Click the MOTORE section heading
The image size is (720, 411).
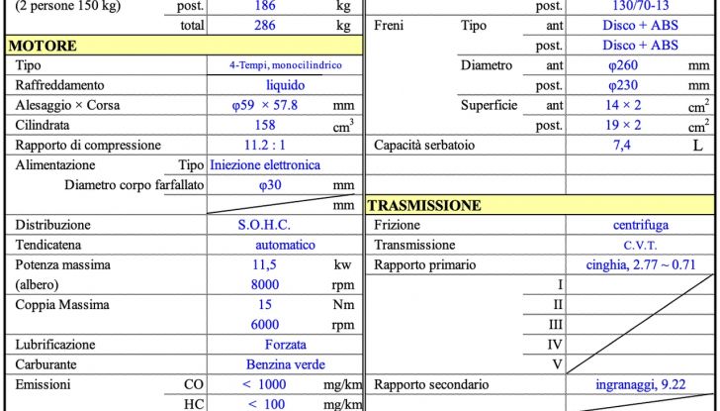pyautogui.click(x=43, y=46)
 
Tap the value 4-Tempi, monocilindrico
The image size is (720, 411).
pyautogui.click(x=285, y=65)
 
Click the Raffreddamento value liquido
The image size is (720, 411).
pyautogui.click(x=285, y=85)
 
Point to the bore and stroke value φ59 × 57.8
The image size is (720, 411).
pyautogui.click(x=265, y=105)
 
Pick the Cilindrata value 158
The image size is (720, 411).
pyautogui.click(x=265, y=125)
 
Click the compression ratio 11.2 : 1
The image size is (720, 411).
pyautogui.click(x=265, y=145)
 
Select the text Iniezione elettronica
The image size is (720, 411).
pyautogui.click(x=265, y=164)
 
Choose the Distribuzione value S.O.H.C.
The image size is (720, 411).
pyautogui.click(x=264, y=225)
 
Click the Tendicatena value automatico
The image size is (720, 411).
pyautogui.click(x=285, y=245)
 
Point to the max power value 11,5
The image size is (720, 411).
pyautogui.click(x=265, y=264)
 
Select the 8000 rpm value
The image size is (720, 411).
pyautogui.click(x=265, y=284)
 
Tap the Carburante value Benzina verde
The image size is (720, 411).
pyautogui.click(x=285, y=364)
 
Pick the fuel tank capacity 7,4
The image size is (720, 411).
pyautogui.click(x=623, y=145)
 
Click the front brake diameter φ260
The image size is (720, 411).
pyautogui.click(x=624, y=65)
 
